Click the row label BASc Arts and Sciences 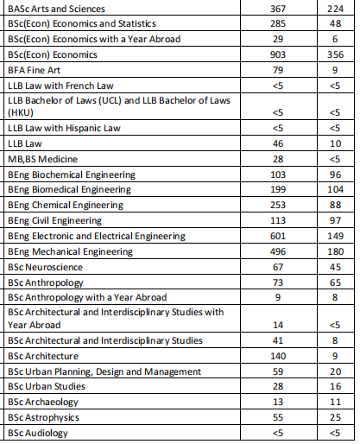pyautogui.click(x=52, y=9)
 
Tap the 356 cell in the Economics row pyautogui.click(x=336, y=55)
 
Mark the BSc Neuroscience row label pyautogui.click(x=44, y=268)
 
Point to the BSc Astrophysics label pyautogui.click(x=42, y=418)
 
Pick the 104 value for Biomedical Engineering pyautogui.click(x=336, y=190)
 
